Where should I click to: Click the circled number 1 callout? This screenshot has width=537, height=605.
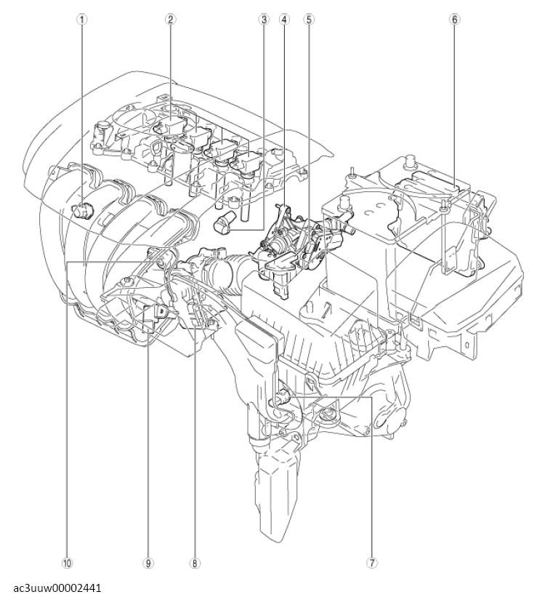tap(83, 20)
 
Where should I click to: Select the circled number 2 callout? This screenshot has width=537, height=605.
tap(169, 20)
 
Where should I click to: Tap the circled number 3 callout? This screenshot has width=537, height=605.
tap(263, 20)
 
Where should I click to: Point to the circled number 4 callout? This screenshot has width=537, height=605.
tap(285, 20)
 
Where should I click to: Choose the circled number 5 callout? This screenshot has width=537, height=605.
tap(309, 20)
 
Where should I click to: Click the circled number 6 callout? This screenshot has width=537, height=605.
tap(455, 20)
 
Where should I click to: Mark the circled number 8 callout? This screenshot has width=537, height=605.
tap(195, 562)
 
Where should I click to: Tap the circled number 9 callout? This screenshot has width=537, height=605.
tap(149, 562)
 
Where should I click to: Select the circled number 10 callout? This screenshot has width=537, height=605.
tap(67, 562)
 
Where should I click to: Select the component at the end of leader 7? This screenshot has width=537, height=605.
tap(281, 398)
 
